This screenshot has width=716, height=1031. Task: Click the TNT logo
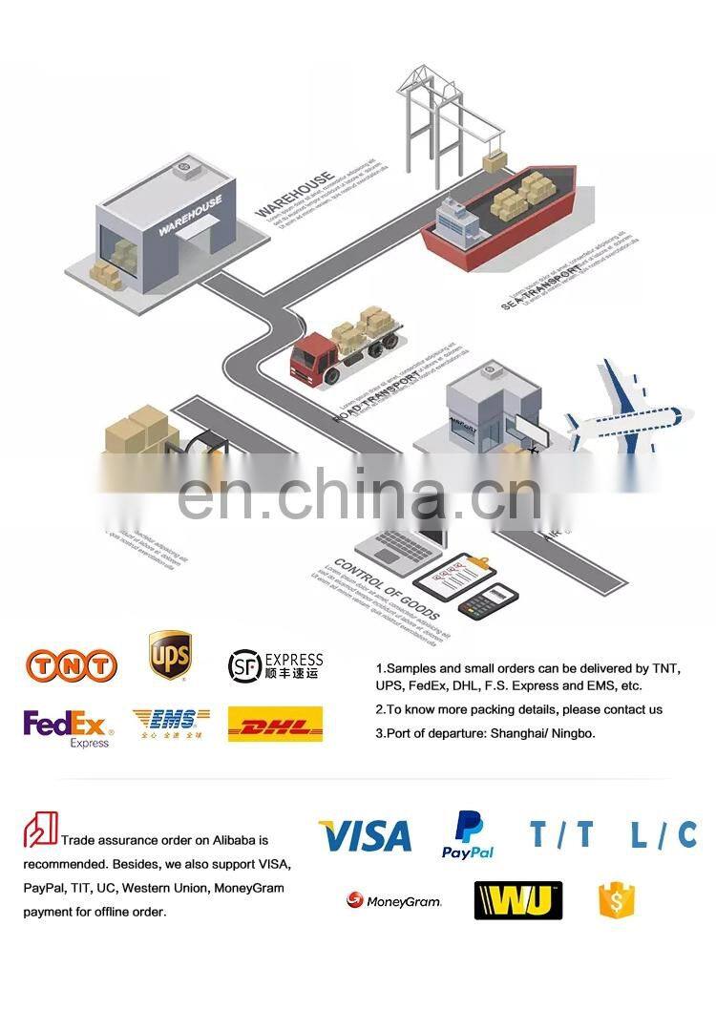[72, 664]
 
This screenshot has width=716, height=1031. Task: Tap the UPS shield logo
[169, 655]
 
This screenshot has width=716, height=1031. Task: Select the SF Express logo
[275, 665]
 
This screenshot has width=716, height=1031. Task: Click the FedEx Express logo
[68, 727]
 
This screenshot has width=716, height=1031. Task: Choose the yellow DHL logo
[275, 725]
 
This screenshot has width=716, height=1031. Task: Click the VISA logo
[365, 836]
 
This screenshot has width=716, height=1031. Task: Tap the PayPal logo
[468, 835]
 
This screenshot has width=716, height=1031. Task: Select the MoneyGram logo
[394, 900]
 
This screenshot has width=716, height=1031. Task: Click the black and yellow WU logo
[517, 900]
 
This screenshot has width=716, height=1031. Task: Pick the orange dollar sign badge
[617, 900]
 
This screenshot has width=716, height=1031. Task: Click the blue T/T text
[561, 835]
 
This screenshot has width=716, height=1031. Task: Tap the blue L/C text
[663, 835]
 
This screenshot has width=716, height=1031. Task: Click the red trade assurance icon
[40, 829]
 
